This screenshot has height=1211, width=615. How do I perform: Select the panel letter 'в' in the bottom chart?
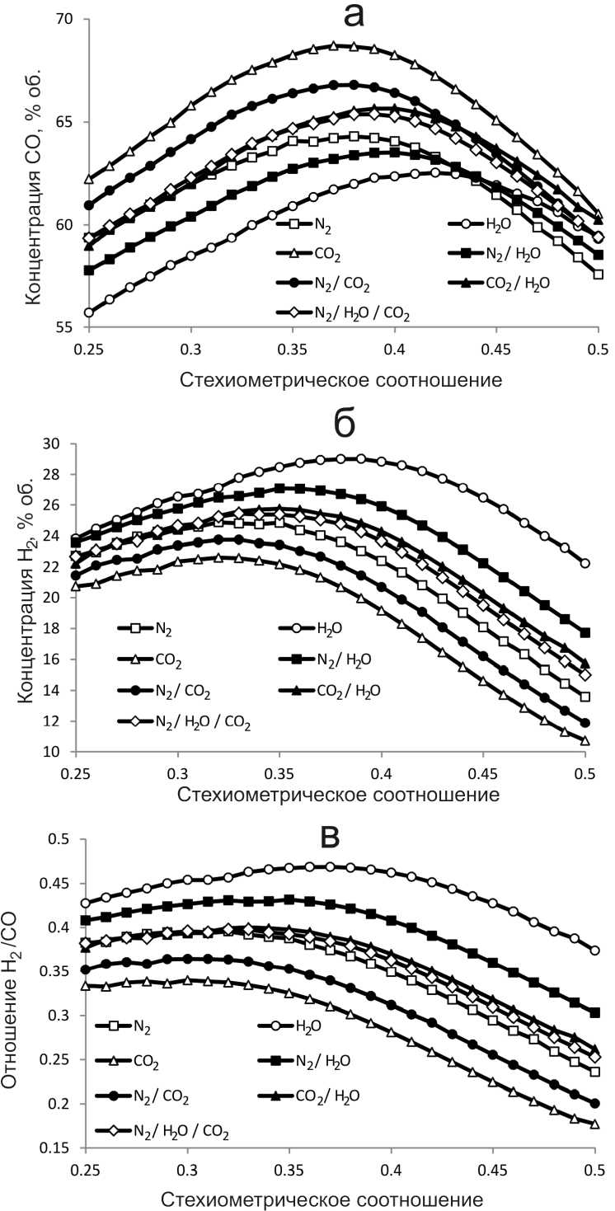click(329, 837)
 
